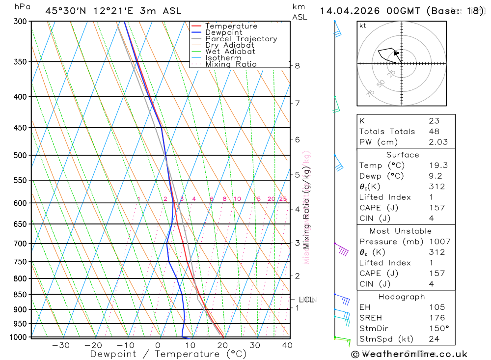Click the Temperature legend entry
pos(231,26)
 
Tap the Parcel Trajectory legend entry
pos(241,39)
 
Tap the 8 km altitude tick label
pos(298,66)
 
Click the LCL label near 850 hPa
pos(306,300)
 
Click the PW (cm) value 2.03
pos(438,142)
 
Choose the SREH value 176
pos(436,318)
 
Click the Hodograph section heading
pos(402,297)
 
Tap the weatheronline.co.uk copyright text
pos(409,354)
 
